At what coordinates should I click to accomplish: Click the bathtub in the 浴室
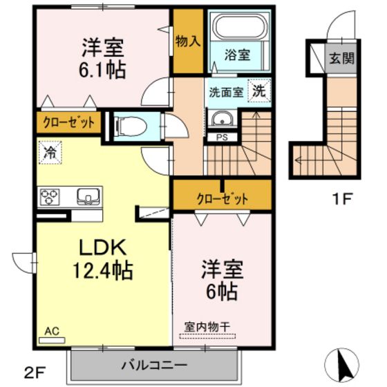(240, 27)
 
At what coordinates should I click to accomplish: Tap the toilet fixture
(131, 126)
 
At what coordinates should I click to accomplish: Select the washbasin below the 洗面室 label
(223, 119)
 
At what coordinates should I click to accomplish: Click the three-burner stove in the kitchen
(50, 197)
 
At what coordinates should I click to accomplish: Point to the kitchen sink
(88, 196)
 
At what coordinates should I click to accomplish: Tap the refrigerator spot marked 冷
(50, 152)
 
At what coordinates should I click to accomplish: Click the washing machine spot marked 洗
(258, 91)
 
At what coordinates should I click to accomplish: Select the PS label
(222, 138)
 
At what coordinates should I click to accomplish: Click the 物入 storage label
(188, 41)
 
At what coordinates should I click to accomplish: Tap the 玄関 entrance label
(341, 59)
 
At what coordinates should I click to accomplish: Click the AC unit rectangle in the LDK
(52, 340)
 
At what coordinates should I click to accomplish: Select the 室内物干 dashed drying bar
(207, 336)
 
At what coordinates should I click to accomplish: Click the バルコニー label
(155, 365)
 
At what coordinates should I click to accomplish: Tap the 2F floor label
(35, 372)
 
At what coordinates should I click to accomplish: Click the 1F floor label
(342, 199)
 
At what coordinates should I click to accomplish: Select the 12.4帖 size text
(103, 270)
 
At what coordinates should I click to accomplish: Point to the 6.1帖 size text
(102, 70)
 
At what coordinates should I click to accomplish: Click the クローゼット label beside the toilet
(69, 122)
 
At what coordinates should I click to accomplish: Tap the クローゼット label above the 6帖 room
(223, 199)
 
